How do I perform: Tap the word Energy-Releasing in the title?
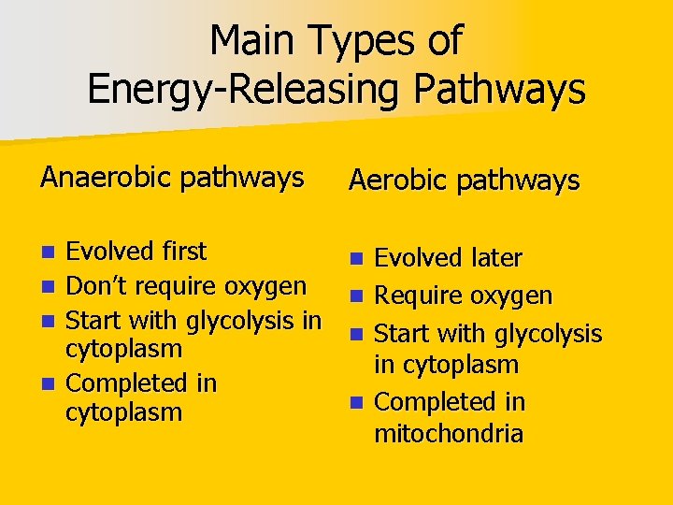pyautogui.click(x=246, y=90)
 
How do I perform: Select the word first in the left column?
pyautogui.click(x=183, y=251)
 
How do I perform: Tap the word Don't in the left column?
pyautogui.click(x=98, y=284)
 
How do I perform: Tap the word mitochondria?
pyautogui.click(x=449, y=434)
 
